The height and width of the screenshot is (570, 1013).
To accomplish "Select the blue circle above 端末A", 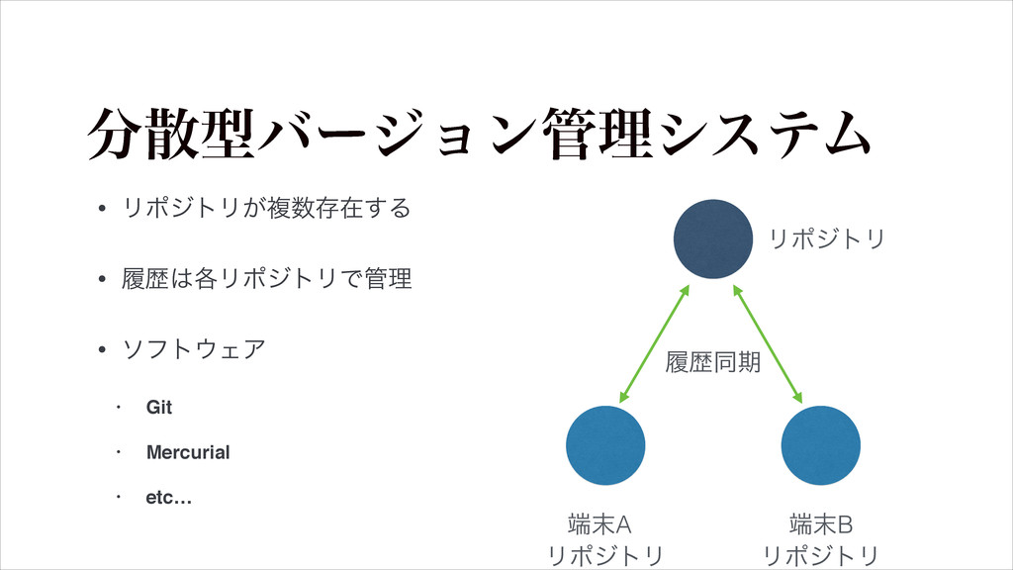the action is click(606, 445).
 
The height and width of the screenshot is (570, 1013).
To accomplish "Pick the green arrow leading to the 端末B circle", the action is click(768, 342).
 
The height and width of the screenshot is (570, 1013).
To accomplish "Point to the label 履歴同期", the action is click(713, 364).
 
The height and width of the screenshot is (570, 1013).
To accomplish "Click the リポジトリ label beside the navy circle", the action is click(827, 238).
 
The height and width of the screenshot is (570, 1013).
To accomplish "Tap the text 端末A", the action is click(606, 521).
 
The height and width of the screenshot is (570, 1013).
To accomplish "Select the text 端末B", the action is click(821, 521).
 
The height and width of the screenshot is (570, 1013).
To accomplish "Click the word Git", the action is click(159, 408).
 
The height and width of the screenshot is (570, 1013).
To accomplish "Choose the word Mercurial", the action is click(188, 452).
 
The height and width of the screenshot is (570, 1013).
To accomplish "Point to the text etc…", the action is click(169, 497).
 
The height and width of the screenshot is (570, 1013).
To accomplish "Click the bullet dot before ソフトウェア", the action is click(102, 350).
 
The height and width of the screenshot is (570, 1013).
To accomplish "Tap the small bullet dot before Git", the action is click(118, 408).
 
